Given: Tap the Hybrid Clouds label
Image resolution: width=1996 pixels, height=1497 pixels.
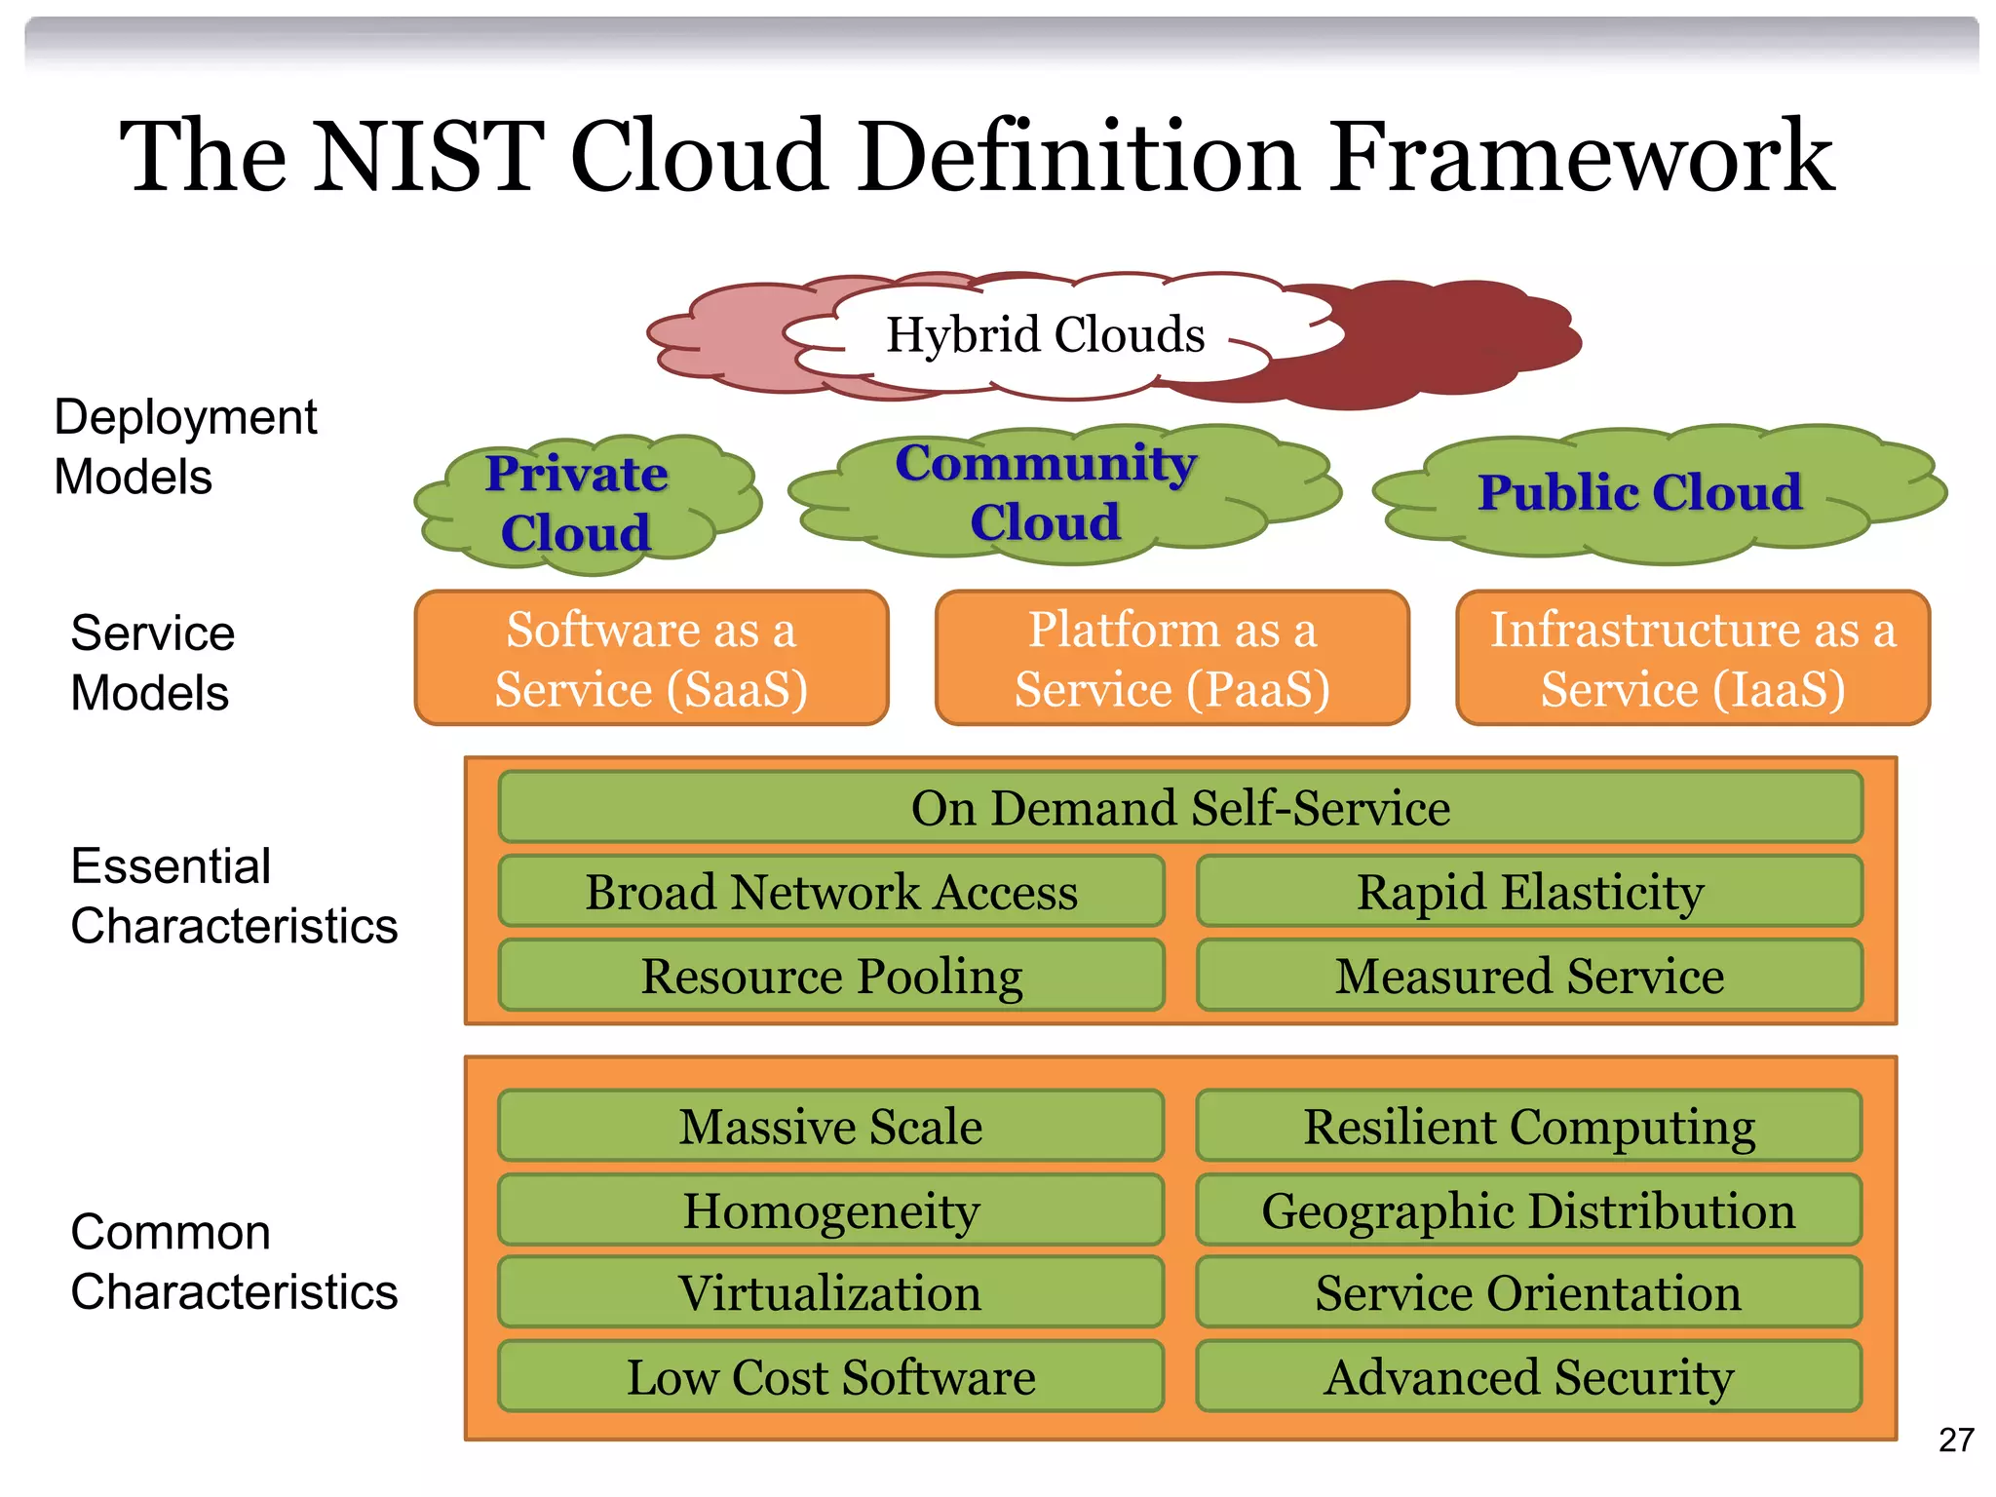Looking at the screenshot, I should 1045,334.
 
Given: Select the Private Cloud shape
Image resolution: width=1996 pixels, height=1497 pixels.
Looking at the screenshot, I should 577,503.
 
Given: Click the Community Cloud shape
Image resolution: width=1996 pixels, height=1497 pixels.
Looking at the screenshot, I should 1046,493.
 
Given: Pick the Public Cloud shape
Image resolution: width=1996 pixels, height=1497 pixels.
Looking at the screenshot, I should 1640,492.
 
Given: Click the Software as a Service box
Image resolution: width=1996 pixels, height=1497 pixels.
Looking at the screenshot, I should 651,658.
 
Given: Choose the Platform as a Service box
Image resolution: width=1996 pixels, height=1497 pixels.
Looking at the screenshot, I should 1171,658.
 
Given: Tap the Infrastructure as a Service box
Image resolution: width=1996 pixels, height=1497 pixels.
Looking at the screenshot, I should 1693,658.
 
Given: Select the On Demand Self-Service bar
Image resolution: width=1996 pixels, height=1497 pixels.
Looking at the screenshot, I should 1180,807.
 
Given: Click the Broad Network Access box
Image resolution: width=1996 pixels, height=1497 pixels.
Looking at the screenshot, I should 831,891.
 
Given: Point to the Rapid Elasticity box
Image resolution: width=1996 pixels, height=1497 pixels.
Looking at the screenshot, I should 1529,891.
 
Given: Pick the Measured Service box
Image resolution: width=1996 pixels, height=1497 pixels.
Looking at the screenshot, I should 1529,976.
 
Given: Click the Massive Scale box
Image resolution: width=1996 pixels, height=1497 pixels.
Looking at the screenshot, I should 831,1126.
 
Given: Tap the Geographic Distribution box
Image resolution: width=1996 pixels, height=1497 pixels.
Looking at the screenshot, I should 1529,1210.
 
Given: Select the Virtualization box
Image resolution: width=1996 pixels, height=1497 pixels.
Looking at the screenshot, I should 831,1292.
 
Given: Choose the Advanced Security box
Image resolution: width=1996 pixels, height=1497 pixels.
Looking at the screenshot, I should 1529,1376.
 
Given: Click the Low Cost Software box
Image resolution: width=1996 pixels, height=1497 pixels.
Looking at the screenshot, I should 831,1376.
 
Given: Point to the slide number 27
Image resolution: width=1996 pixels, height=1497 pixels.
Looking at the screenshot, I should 1956,1439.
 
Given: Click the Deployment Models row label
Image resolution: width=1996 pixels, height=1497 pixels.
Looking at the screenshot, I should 185,446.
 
